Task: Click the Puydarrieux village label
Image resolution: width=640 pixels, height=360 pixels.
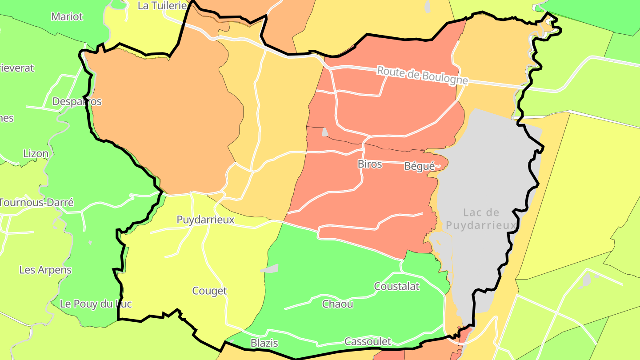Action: [205, 220]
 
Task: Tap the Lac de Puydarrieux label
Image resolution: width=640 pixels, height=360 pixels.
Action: [481, 219]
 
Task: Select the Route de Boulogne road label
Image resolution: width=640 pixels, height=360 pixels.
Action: [422, 75]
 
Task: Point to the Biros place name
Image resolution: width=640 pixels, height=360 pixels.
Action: [370, 164]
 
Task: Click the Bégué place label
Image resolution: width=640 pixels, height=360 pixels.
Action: [419, 167]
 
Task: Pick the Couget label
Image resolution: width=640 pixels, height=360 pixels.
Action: [209, 291]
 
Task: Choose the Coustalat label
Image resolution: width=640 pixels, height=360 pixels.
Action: [397, 286]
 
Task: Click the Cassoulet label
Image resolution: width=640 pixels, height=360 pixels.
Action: [368, 341]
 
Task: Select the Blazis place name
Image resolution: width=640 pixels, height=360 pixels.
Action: [264, 343]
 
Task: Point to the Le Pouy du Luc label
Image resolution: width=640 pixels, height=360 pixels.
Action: [96, 304]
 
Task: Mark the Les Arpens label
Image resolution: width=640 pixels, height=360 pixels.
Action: [45, 270]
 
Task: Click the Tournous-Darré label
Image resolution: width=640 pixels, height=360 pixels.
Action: [36, 202]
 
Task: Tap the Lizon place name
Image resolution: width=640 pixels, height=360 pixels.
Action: [36, 154]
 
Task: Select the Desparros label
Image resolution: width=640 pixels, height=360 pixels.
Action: [77, 101]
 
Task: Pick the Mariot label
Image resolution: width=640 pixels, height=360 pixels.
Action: [67, 16]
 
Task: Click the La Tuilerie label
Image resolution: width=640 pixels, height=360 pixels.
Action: [162, 5]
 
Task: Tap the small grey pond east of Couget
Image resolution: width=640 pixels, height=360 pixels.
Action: [271, 268]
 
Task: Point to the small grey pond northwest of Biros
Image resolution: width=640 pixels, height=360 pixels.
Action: [325, 132]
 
